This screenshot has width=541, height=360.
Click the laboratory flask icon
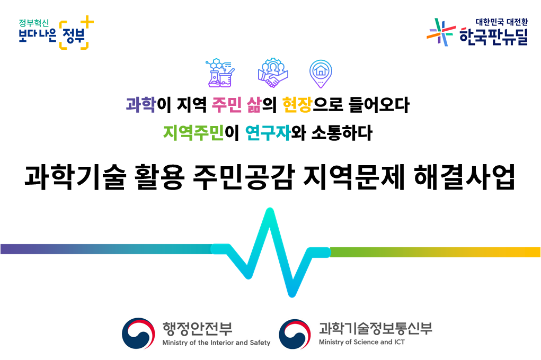pos(220,73)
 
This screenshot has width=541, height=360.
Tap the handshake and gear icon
pos(273,73)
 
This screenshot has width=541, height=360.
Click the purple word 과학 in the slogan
pos(141,104)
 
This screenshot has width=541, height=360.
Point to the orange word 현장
pos(297,104)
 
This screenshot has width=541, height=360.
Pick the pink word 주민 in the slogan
pos(226,104)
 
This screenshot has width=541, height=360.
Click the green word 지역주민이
pos(201,133)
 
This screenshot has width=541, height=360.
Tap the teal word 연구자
pos(268,133)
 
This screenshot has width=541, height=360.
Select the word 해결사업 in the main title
pos(464,177)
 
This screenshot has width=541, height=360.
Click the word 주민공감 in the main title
pos(244,177)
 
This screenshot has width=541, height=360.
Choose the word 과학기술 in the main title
pos(75,177)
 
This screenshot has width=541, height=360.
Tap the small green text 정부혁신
pos(34,23)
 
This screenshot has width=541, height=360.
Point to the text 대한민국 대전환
pos(501,22)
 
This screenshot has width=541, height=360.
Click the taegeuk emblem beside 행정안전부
pos(138,334)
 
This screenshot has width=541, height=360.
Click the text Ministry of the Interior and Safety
pos(216,343)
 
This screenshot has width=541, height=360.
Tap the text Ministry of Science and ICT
pos(361,342)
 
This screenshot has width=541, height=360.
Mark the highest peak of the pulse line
pos(270,210)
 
